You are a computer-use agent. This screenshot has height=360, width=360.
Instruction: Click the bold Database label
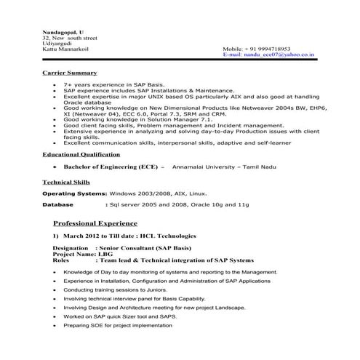(58, 205)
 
